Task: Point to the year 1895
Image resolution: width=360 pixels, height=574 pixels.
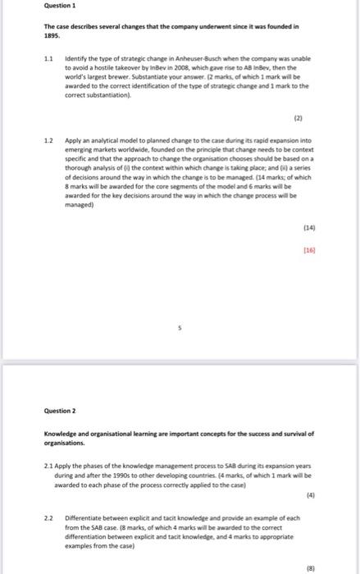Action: (52, 36)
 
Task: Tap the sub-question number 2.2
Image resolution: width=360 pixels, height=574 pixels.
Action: (49, 518)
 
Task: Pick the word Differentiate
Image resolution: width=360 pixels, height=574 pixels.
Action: (87, 518)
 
